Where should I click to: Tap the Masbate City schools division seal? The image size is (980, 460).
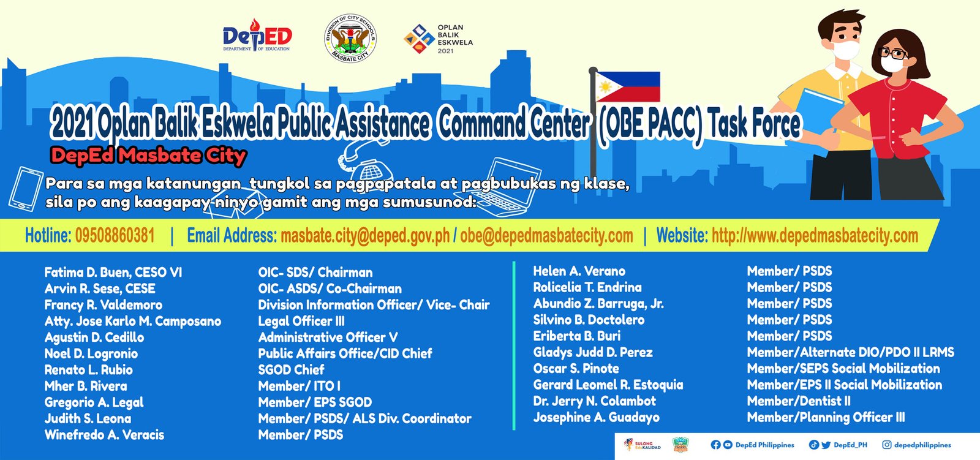coord(350,38)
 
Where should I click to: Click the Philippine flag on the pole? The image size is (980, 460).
coord(628,86)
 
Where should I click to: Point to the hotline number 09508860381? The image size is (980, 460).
coord(115,235)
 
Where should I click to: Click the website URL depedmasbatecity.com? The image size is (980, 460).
coord(815,235)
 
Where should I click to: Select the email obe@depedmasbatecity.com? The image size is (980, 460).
coord(546,235)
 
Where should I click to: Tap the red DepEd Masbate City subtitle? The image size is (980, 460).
coord(149,156)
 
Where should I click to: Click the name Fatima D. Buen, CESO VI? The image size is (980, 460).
coord(113,273)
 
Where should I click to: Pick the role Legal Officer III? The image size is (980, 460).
coord(301,321)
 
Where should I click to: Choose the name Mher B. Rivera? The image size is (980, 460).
coord(86,386)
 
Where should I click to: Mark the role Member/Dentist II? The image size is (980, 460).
coord(799,401)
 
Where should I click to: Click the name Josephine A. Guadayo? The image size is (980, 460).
coord(597,418)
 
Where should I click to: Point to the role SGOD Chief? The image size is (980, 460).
coord(292,370)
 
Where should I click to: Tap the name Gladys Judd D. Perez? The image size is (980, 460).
coord(593,352)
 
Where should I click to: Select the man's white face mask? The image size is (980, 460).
coord(845,50)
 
